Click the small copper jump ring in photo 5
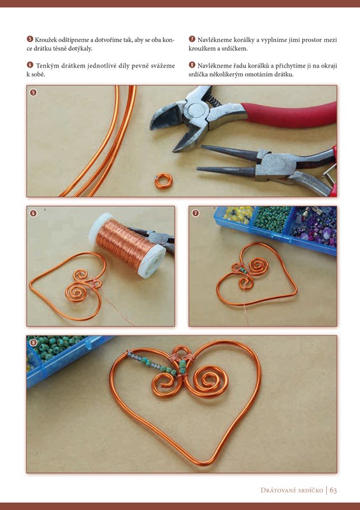pos(164,181)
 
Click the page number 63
pos(333,490)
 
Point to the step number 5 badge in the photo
pos(33,92)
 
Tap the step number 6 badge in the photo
pos(33,213)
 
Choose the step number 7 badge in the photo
pos(195,213)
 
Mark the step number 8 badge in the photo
pos(33,342)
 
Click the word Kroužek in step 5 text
pos(46,40)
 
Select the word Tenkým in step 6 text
pos(48,66)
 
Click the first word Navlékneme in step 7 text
pos(215,40)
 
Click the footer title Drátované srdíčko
pos(292,490)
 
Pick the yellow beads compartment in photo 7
pos(238,214)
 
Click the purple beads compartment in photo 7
pos(315,225)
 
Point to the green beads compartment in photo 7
pos(272,218)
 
